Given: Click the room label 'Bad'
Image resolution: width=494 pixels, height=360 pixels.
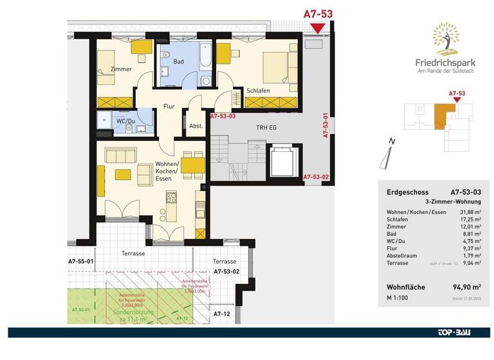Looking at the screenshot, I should point(179,62).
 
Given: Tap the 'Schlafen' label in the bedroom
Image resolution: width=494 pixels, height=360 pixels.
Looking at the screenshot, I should point(257,91).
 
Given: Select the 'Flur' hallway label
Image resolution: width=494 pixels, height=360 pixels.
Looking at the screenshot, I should point(169,106).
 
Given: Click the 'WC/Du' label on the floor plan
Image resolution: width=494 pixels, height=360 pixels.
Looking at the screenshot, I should point(126,121).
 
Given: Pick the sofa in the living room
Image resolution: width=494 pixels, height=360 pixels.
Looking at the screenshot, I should point(122,155).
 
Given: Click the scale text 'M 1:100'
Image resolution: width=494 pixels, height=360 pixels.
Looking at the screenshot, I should point(398,300).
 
